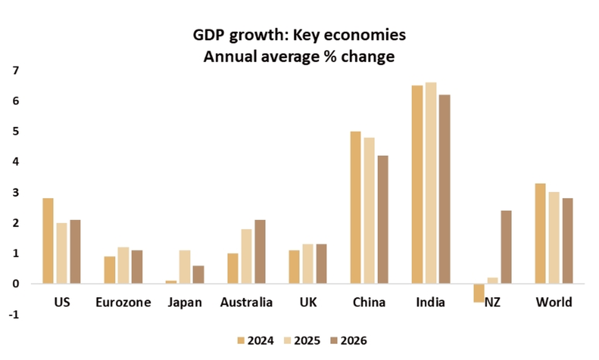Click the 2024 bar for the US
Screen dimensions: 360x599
[x=48, y=241]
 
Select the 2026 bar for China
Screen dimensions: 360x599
[x=383, y=219]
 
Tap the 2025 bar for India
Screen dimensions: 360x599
[x=431, y=183]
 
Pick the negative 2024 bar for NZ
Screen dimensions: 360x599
[x=479, y=293]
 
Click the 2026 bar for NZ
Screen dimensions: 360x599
[x=506, y=247]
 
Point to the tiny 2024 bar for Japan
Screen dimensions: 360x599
[x=171, y=282]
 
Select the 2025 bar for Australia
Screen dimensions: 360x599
[x=246, y=256]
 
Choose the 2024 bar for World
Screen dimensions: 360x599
[x=540, y=233]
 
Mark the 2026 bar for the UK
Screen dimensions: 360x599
[x=321, y=264]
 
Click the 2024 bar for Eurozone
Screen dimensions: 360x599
[x=110, y=270]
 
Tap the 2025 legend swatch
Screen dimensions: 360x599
[x=288, y=341]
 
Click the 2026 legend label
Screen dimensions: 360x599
[x=354, y=341]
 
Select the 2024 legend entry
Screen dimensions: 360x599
[x=256, y=341]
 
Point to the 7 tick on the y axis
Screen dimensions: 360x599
[x=15, y=70]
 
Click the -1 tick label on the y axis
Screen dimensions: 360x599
[x=14, y=315]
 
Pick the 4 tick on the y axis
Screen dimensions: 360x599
[x=15, y=162]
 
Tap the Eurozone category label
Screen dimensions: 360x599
[x=123, y=302]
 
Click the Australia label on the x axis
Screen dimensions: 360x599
[x=246, y=302]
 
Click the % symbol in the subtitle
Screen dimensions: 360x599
[x=330, y=57]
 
